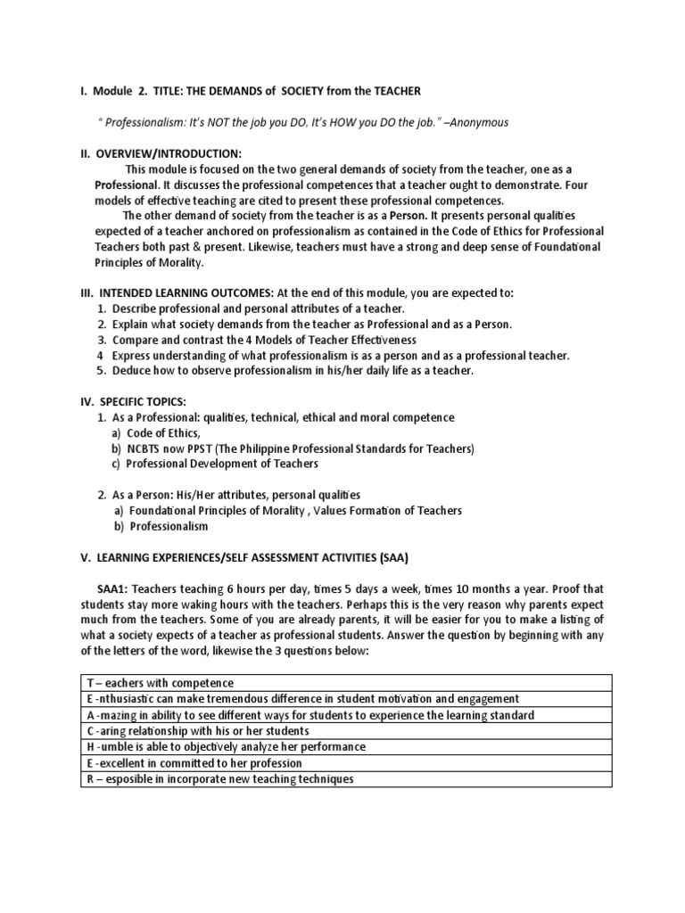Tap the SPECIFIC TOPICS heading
[x=148, y=402]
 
